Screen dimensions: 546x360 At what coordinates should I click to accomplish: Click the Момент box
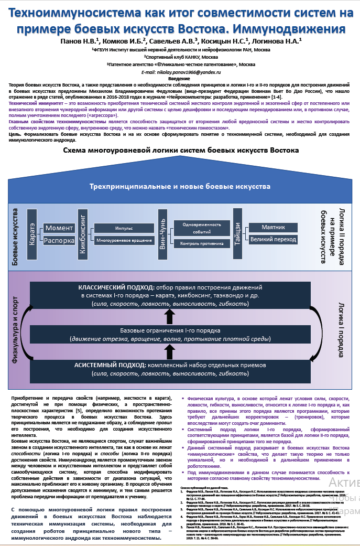coord(59,228)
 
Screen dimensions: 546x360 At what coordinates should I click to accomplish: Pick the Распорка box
coord(59,241)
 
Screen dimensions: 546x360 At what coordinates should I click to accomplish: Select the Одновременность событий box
coord(194,228)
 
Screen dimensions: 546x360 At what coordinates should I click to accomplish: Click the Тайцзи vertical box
coord(240,232)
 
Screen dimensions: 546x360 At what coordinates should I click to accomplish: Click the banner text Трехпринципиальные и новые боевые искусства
coord(180,186)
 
